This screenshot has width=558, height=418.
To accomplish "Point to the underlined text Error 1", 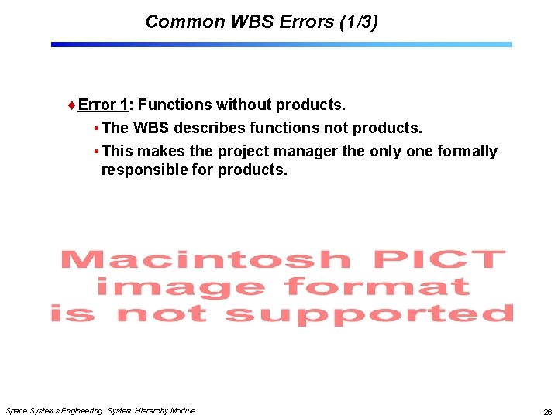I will point(103,104).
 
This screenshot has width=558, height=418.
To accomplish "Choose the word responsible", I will point(144,170).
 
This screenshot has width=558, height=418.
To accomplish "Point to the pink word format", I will point(377,287).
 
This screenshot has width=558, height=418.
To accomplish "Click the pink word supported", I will point(370,314).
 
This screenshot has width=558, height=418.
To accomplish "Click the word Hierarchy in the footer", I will point(151,410).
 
